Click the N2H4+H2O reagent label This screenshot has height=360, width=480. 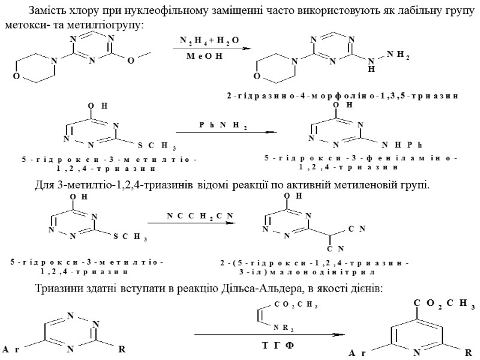[x=209, y=40]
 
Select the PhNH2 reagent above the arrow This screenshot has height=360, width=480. [x=223, y=124]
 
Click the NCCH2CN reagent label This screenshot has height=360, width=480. [x=191, y=215]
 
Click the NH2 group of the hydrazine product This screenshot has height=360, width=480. [x=398, y=55]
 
